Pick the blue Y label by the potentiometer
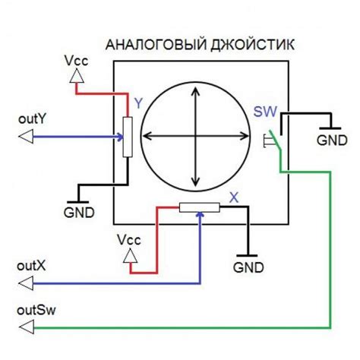pyautogui.click(x=137, y=100)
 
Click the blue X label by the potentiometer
pyautogui.click(x=234, y=195)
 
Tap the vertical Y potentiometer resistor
pyautogui.click(x=128, y=137)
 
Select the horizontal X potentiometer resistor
pyautogui.click(x=199, y=207)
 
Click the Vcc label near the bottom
pyautogui.click(x=129, y=240)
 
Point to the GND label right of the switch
pyautogui.click(x=331, y=141)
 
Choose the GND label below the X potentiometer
pyautogui.click(x=248, y=267)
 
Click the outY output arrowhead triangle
pyautogui.click(x=25, y=136)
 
